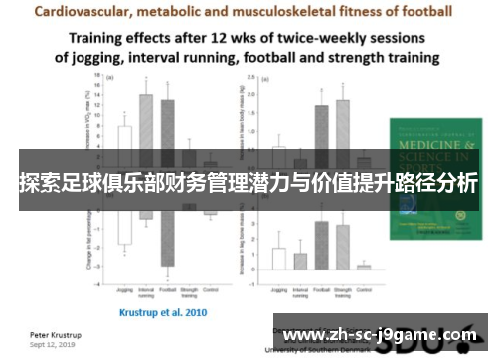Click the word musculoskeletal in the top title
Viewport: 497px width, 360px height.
302,12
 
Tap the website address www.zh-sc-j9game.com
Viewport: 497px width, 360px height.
379,335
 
